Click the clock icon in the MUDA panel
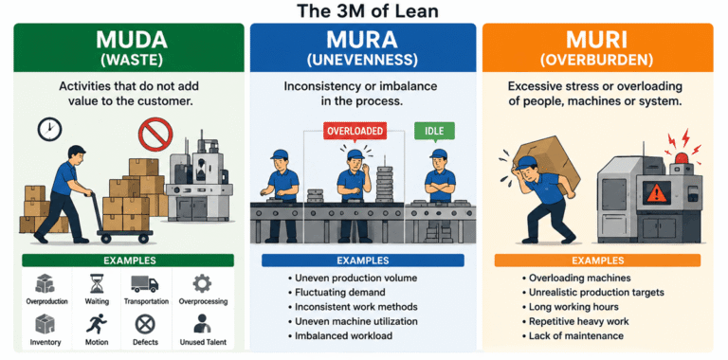coord(49,130)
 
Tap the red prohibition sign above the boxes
coord(155,135)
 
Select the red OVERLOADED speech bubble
coord(355,132)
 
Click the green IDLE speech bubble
coord(434,131)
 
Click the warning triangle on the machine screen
coord(657,192)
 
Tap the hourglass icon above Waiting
coord(97,283)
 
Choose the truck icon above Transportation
coord(145,283)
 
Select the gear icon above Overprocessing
coord(203,283)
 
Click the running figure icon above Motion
coord(97,324)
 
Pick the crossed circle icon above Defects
coord(145,324)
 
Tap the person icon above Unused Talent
coord(202,324)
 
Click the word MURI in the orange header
coord(597,41)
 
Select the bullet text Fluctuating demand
coord(340,293)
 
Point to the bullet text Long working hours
coord(573,307)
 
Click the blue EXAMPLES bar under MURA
coord(363,261)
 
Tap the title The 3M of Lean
coord(368,10)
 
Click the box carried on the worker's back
coord(549,160)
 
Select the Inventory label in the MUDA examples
coord(45,342)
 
